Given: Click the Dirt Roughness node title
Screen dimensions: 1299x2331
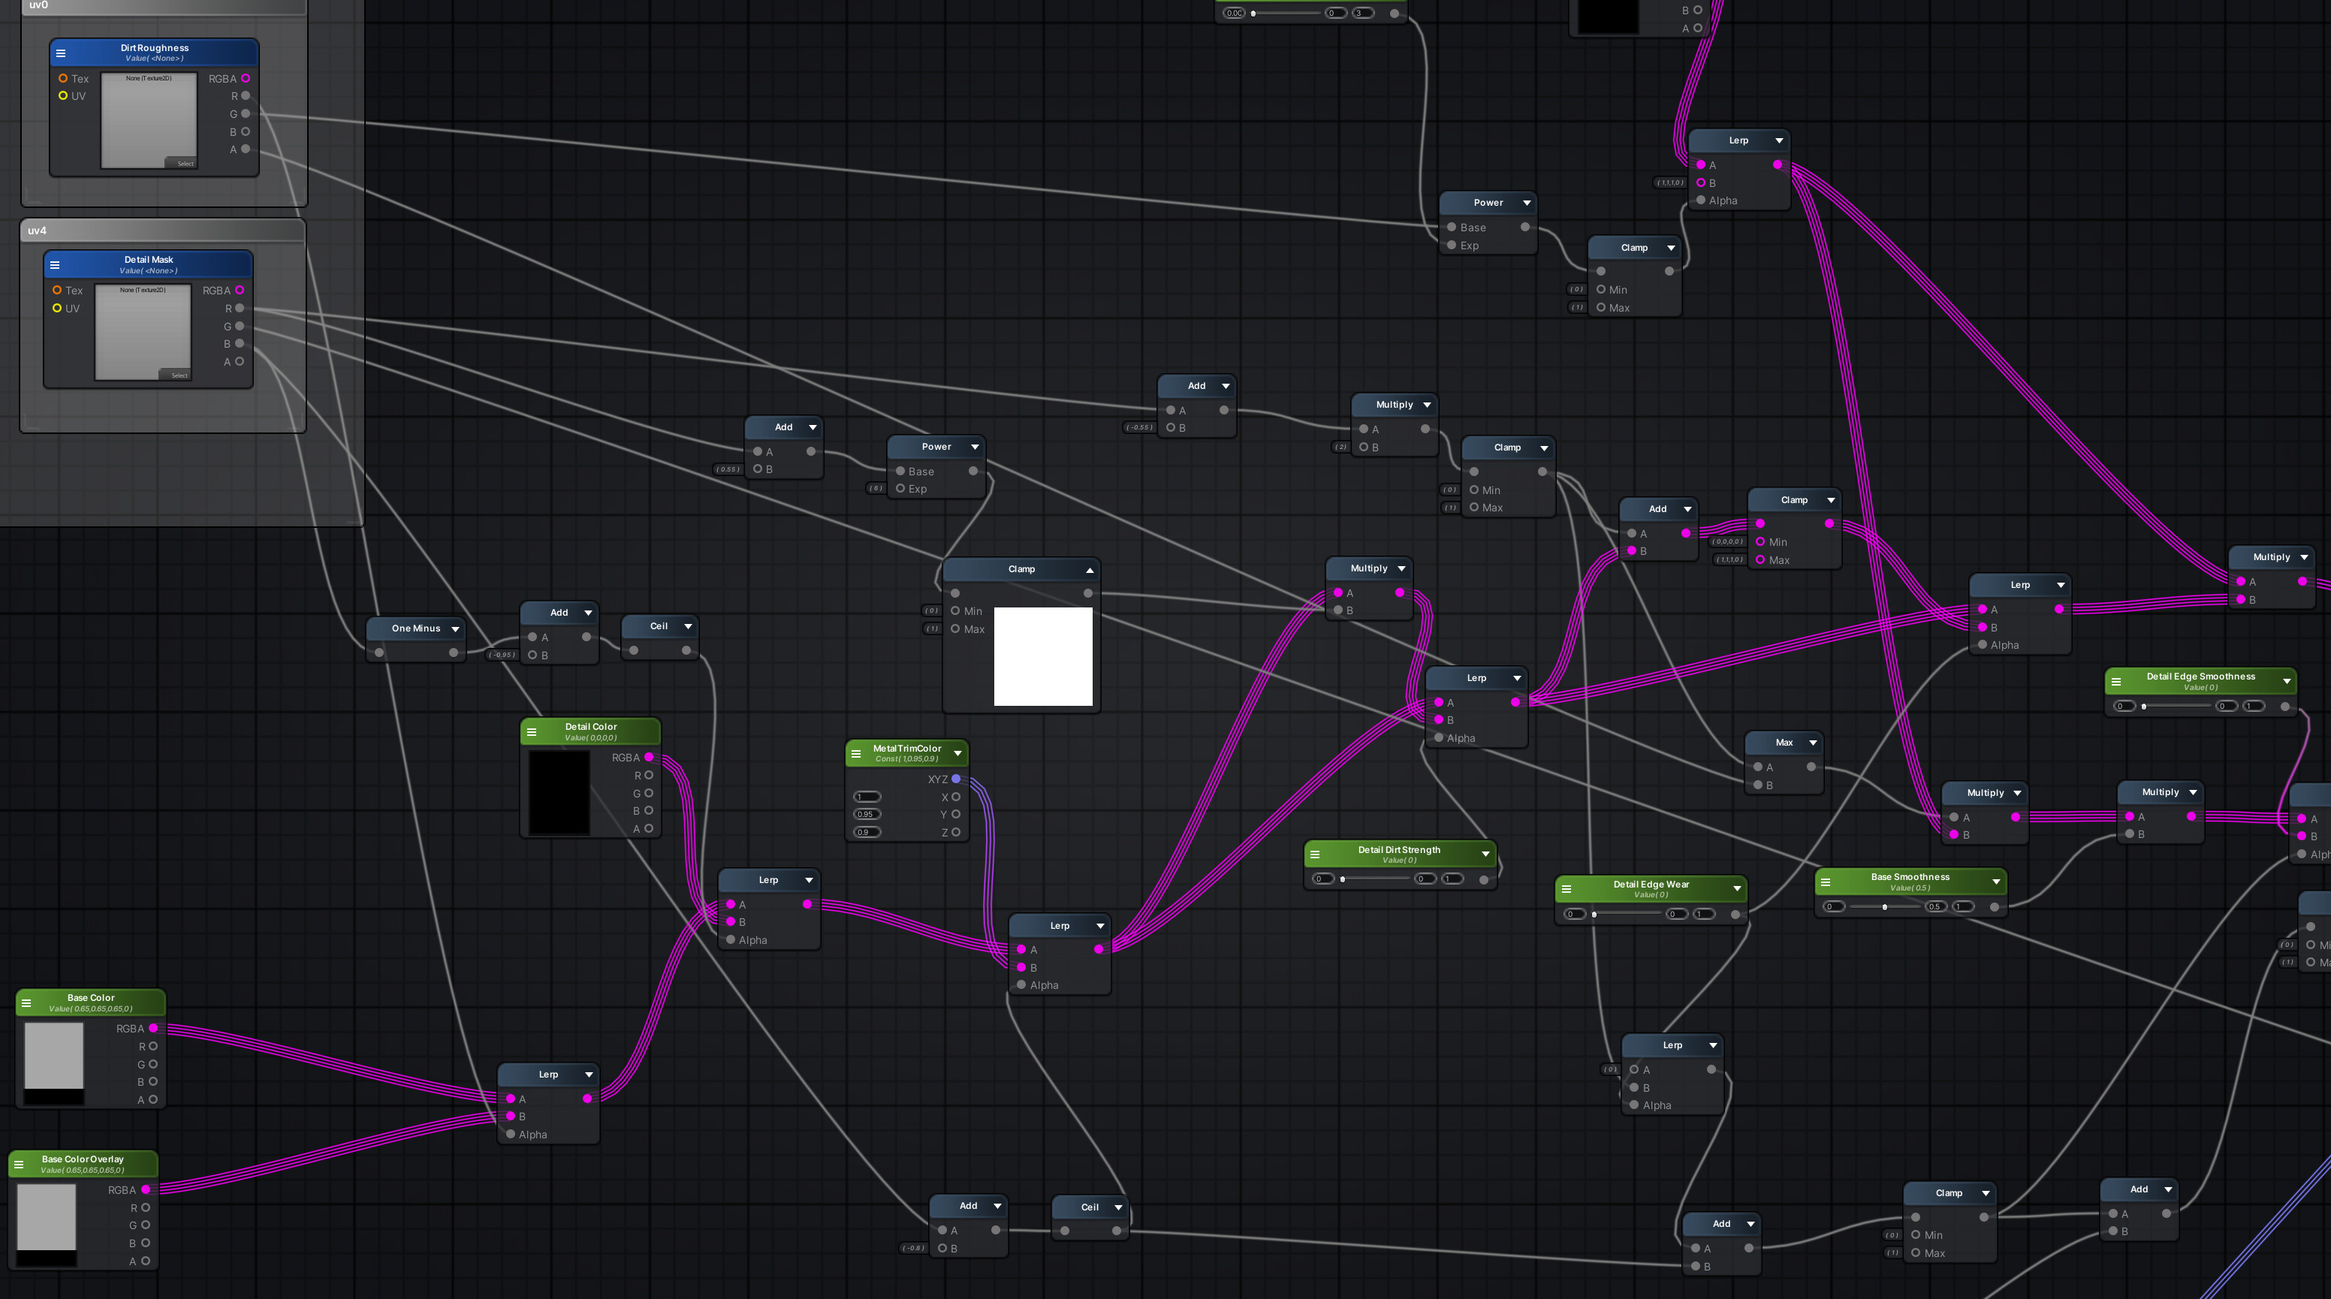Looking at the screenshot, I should coord(154,48).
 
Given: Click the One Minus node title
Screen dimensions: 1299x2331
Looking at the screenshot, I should coord(415,628).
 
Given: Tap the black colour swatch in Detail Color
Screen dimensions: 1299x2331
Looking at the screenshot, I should coord(558,791).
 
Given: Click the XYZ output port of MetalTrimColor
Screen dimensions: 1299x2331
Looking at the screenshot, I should coord(955,779).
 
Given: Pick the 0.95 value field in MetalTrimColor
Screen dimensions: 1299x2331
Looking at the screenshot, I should coord(866,814).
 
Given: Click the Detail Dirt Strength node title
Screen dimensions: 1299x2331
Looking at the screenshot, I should coord(1398,849).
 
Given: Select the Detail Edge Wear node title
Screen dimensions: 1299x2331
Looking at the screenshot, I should coord(1651,884).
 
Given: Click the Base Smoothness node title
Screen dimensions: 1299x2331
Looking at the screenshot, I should coord(1909,876).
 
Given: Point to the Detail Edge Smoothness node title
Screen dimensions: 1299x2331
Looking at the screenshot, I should coord(2200,676).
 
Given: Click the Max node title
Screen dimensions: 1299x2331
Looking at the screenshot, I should coord(1784,742).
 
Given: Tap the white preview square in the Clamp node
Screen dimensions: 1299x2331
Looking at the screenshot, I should coord(1042,656).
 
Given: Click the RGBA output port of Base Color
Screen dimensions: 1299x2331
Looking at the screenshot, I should coord(153,1028).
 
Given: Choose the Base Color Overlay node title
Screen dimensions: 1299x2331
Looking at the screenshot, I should coord(83,1159).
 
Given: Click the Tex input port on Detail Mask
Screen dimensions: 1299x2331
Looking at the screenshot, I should coord(57,291).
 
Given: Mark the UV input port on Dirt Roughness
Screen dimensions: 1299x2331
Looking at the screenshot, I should coord(62,96).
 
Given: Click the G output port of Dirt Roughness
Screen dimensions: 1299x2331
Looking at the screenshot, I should coord(246,114).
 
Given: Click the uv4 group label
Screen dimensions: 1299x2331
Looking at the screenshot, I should coord(37,231).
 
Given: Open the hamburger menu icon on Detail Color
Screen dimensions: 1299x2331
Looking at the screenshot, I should coord(532,732).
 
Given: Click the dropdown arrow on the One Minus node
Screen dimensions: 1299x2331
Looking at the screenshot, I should coord(455,628).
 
